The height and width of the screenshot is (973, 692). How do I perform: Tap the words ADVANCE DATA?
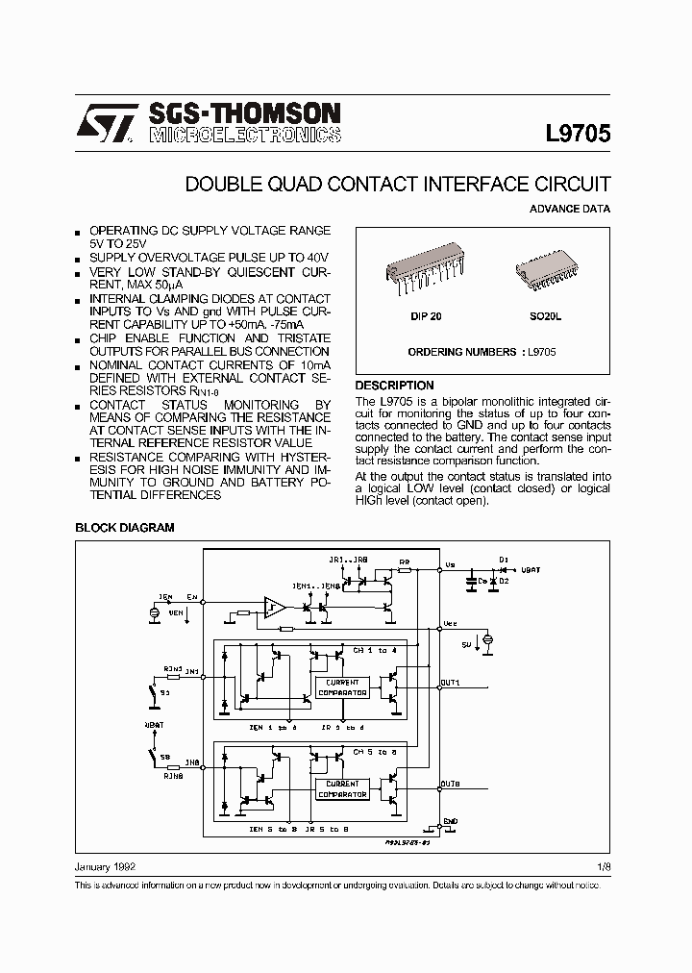coord(569,209)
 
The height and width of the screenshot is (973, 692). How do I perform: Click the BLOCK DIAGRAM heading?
coord(125,528)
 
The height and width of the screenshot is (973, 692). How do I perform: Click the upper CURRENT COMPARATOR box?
coord(341,686)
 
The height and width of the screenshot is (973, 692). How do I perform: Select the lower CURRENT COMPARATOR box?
coord(341,789)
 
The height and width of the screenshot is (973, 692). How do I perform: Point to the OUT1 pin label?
coord(450,682)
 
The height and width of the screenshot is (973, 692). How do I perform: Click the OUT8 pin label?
coord(450,785)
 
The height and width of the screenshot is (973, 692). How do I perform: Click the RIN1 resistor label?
coord(172,665)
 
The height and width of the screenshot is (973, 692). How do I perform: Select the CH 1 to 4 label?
coord(370,651)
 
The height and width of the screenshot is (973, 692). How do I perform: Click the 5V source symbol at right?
coord(488,638)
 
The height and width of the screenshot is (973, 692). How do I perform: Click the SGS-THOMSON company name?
coord(243,113)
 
